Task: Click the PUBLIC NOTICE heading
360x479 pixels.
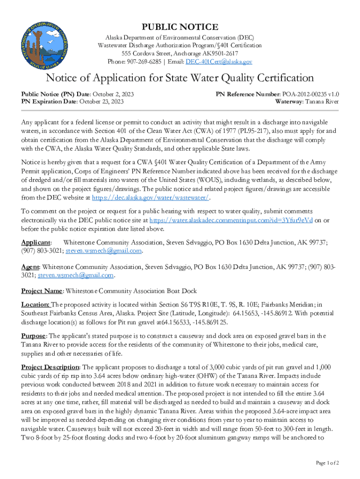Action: (180, 27)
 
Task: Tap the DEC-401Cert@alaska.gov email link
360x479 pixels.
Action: (219, 61)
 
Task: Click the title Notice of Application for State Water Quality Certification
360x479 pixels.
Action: (180, 78)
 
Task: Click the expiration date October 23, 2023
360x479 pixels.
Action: (101, 101)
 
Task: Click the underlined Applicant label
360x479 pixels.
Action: (36, 242)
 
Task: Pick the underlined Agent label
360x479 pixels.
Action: (30, 267)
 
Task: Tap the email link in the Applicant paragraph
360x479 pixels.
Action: (103, 251)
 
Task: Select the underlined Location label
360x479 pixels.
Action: (35, 304)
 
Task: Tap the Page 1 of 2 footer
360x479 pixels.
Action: (327, 463)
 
